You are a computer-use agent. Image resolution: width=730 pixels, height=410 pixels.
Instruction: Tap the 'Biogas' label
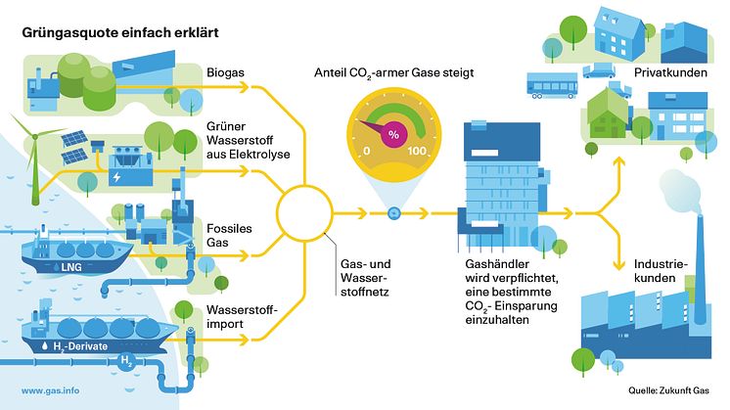226,72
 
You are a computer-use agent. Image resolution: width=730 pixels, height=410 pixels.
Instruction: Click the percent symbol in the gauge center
394,134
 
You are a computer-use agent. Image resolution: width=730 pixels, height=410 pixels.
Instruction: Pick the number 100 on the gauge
419,152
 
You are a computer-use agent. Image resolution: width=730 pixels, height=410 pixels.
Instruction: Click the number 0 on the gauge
367,152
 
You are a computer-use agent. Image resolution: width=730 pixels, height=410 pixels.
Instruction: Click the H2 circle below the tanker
125,361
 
